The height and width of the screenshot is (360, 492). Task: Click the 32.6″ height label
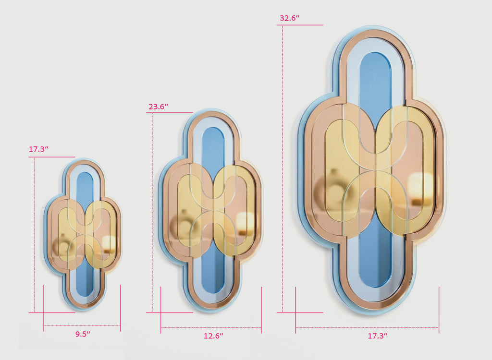click(290, 18)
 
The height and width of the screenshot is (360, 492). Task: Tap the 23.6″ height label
click(159, 107)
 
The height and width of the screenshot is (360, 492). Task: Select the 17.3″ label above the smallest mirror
click(38, 149)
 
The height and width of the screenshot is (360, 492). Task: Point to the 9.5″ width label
click(83, 334)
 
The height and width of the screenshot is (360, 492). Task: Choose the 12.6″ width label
click(213, 336)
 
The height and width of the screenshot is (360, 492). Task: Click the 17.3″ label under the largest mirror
click(378, 336)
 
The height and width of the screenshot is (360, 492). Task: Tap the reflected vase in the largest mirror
click(334, 188)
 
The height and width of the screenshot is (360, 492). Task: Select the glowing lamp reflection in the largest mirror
click(420, 189)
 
